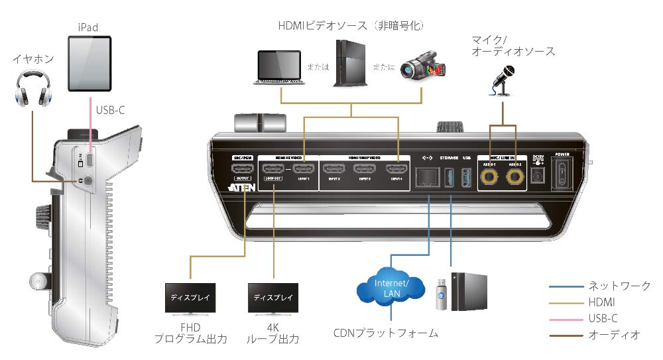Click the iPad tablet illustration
[x=90, y=65]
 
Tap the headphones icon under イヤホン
[x=32, y=91]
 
